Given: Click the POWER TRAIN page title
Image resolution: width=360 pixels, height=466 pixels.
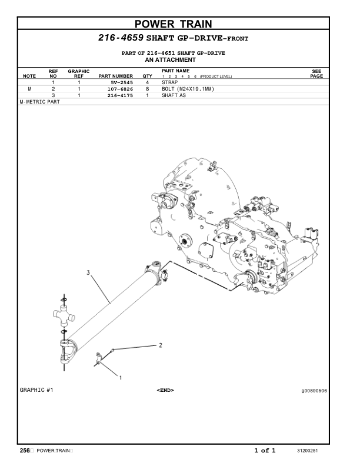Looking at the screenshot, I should [181, 24].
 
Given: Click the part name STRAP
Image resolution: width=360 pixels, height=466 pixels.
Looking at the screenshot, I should [169, 83].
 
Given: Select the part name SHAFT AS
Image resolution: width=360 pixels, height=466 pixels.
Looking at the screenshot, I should [174, 95].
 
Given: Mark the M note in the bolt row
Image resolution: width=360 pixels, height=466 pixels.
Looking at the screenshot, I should [29, 89].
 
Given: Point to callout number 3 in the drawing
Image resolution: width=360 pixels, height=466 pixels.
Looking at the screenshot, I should [88, 272].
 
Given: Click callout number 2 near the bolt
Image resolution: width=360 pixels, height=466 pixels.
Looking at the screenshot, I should [160, 345].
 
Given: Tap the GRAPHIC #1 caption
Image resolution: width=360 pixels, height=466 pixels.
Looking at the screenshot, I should [36, 390].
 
